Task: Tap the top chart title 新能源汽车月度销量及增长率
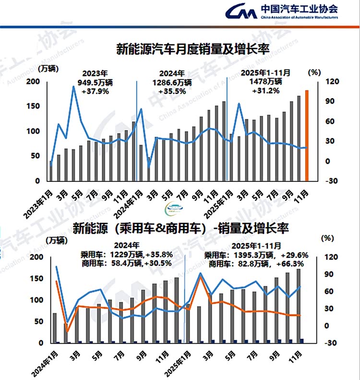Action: tap(192, 49)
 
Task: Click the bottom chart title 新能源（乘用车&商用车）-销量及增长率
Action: tap(180, 228)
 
